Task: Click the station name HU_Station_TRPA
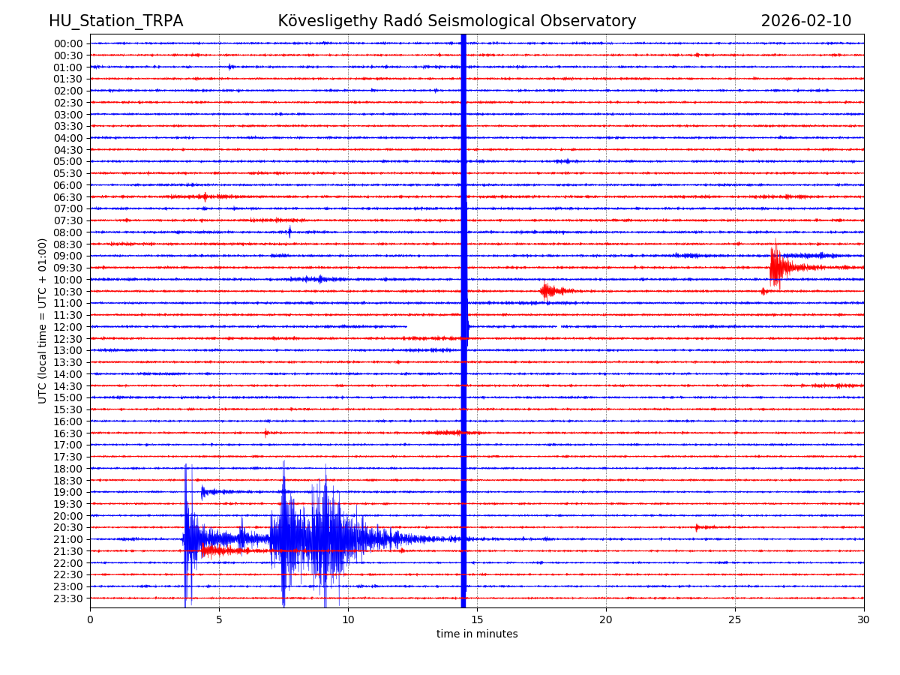(115, 22)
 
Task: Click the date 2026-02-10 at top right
(805, 22)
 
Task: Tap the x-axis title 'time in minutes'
(477, 634)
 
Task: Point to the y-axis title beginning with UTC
(43, 321)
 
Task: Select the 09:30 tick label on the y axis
(67, 268)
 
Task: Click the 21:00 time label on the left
(67, 539)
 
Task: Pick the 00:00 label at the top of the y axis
(67, 43)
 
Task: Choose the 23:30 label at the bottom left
(67, 598)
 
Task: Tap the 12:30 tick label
(67, 339)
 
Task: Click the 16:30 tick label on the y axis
(67, 433)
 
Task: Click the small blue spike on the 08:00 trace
(289, 232)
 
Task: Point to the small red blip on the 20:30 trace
(697, 527)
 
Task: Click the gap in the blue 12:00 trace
(433, 327)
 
